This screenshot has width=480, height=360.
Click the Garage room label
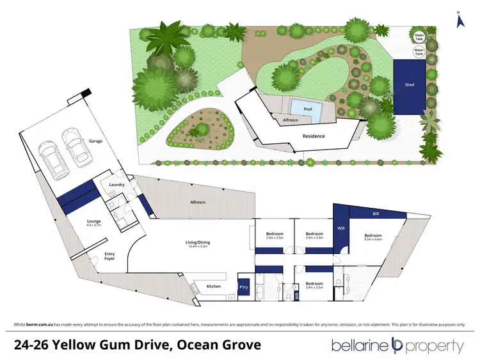point(95,141)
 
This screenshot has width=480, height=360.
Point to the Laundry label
point(116,185)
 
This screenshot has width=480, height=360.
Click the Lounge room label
point(94,223)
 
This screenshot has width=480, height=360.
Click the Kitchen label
point(213,286)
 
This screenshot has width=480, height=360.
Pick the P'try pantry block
point(243,286)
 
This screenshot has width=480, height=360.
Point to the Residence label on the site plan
point(314,136)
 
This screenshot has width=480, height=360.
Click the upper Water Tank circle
point(419,35)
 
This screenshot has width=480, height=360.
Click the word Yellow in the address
point(79,345)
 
